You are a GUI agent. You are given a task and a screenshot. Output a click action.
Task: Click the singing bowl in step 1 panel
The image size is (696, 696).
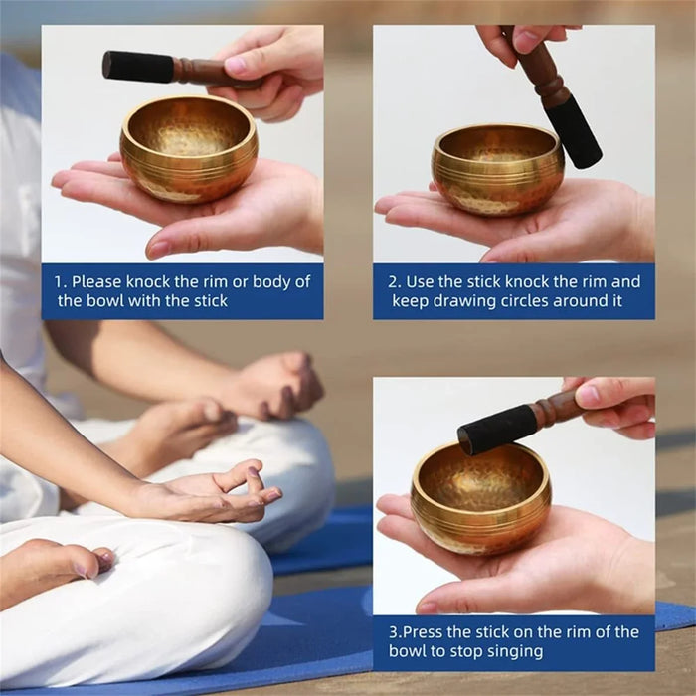188,150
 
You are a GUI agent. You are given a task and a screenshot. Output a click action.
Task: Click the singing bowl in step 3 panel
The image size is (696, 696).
480,497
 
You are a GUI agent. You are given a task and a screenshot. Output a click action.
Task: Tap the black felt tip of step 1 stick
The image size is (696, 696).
138,67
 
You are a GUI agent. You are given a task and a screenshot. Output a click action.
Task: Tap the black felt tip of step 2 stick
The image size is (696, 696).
576,131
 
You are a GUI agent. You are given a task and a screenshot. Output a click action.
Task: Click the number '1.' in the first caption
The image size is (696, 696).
60,281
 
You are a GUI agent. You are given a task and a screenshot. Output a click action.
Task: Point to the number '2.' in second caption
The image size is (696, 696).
394,281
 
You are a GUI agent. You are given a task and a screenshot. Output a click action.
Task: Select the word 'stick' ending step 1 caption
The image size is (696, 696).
207,300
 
